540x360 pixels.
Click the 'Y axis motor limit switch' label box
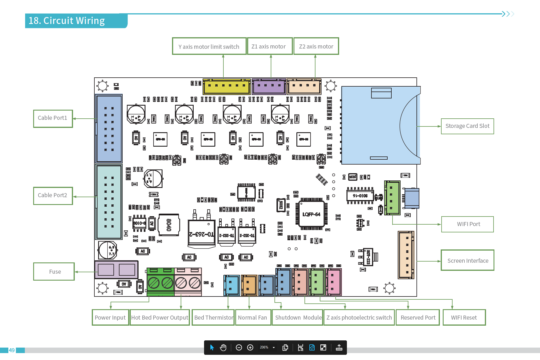pyautogui.click(x=209, y=46)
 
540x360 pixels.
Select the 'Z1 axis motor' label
pyautogui.click(x=269, y=46)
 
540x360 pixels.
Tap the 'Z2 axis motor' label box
pyautogui.click(x=316, y=46)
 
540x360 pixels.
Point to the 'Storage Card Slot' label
pyautogui.click(x=467, y=126)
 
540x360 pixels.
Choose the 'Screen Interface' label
pyautogui.click(x=468, y=260)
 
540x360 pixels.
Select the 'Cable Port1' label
pyautogui.click(x=53, y=118)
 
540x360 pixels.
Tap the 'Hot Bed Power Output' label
pyautogui.click(x=160, y=318)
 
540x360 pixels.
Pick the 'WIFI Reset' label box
pyautogui.click(x=464, y=318)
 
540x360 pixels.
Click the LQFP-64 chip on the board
pyautogui.click(x=311, y=214)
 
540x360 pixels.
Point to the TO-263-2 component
pyautogui.click(x=201, y=232)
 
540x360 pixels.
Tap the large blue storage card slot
pyautogui.click(x=375, y=126)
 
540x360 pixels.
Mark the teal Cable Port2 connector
pyautogui.click(x=109, y=202)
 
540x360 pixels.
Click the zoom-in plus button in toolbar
pyautogui.click(x=250, y=348)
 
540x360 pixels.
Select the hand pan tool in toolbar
pyautogui.click(x=223, y=348)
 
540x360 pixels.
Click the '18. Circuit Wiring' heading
pyautogui.click(x=67, y=21)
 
